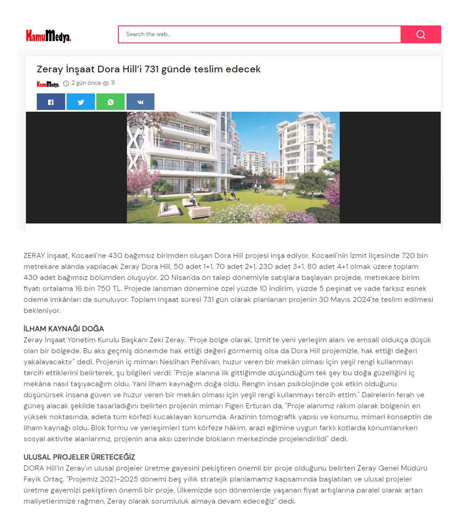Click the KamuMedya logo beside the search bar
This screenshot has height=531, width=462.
[x=48, y=36]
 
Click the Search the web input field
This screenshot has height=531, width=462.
[x=259, y=34]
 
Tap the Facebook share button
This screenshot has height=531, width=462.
[x=51, y=102]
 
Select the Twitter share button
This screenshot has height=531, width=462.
[x=81, y=102]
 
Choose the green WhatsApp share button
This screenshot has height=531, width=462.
[x=110, y=102]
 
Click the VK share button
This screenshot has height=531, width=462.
[x=140, y=102]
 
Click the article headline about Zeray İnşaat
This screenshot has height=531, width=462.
[x=149, y=69]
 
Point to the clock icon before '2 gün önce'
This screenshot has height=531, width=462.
[x=66, y=84]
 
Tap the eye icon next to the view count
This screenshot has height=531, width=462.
[x=106, y=84]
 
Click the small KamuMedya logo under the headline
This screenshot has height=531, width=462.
[x=48, y=84]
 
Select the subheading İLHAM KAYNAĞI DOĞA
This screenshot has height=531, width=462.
[x=64, y=329]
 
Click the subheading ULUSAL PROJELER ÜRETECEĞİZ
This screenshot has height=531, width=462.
[x=79, y=457]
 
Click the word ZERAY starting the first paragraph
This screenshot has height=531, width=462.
[x=34, y=256]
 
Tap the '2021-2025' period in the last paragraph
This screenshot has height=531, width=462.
[x=118, y=479]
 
